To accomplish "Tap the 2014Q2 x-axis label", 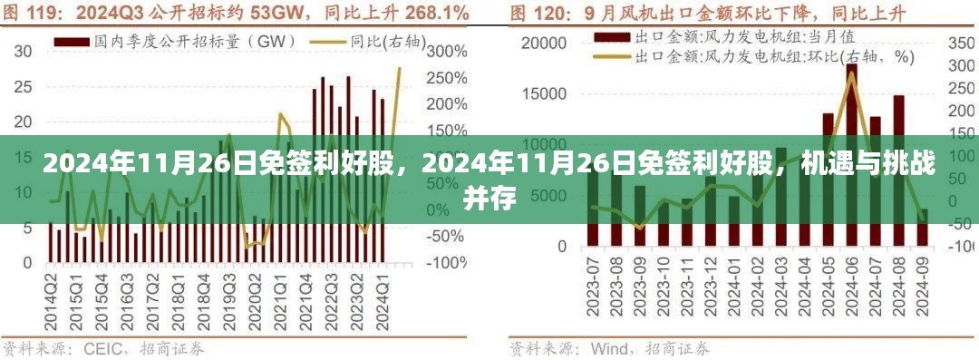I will [52, 296].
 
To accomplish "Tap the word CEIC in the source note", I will [105, 348].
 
